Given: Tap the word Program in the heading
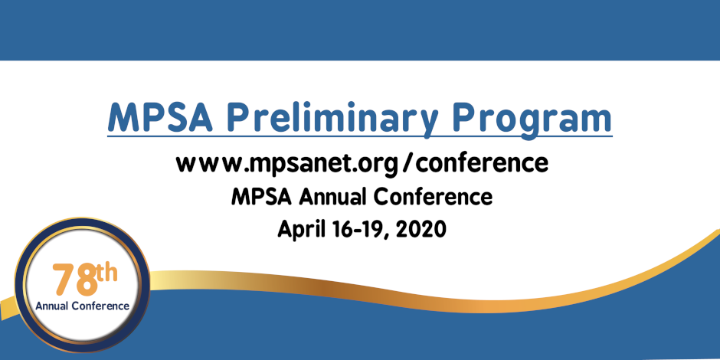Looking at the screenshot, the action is click(x=532, y=119).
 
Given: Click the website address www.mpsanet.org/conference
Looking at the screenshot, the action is click(x=362, y=163).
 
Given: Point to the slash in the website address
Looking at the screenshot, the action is click(x=405, y=163).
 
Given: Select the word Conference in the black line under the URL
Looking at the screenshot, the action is click(x=433, y=197).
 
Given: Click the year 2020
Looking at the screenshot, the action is click(x=421, y=229).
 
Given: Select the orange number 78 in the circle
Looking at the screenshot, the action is click(x=74, y=280).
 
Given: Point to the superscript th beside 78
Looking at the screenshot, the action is click(x=107, y=273).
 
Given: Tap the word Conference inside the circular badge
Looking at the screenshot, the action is click(x=100, y=306).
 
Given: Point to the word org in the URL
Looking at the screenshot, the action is click(x=378, y=165).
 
